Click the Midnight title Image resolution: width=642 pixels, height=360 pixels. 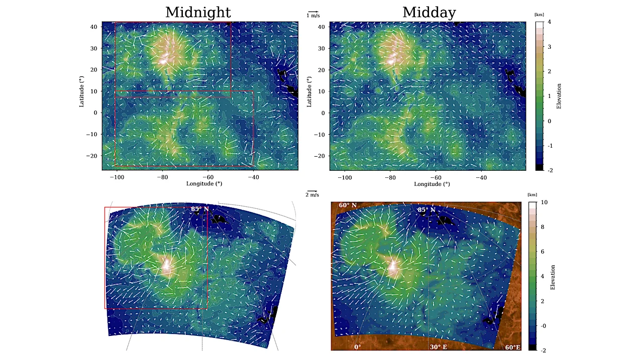(x=198, y=12)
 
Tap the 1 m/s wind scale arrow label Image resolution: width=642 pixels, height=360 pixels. (x=313, y=16)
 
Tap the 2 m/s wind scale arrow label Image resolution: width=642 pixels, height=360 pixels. (x=312, y=195)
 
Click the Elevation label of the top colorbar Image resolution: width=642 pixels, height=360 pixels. (x=559, y=96)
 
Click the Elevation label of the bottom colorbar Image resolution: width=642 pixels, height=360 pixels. (x=553, y=277)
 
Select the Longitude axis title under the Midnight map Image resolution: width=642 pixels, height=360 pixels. (x=204, y=184)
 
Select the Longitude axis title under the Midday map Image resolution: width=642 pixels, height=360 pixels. (x=432, y=184)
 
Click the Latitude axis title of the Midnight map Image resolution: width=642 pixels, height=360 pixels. (x=81, y=91)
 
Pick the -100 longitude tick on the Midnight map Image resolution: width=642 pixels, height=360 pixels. (x=117, y=177)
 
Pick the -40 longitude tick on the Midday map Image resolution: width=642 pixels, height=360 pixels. (x=481, y=177)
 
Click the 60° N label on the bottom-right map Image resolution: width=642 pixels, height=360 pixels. (x=348, y=205)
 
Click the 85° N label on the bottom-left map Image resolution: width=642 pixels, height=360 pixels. (x=199, y=209)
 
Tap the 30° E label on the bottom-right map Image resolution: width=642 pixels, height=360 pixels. (x=438, y=347)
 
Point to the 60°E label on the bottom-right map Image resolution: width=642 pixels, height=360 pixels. (x=513, y=347)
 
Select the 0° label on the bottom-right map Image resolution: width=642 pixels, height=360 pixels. (x=358, y=347)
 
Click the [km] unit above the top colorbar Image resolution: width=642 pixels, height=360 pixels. (x=539, y=15)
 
